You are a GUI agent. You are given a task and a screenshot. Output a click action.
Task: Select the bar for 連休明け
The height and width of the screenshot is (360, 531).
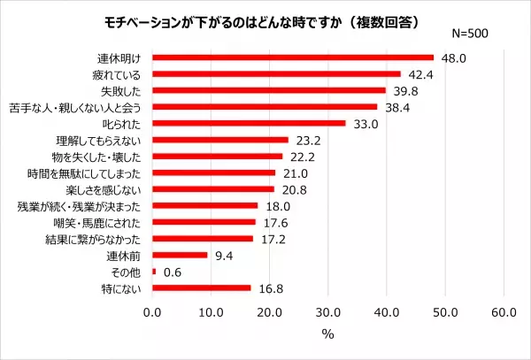click(293, 57)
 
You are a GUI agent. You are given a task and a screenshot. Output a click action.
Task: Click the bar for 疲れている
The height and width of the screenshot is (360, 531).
click(276, 74)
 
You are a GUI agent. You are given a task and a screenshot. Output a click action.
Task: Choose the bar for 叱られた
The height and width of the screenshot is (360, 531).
click(249, 124)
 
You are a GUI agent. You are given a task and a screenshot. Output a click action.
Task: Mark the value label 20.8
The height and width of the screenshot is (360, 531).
click(292, 189)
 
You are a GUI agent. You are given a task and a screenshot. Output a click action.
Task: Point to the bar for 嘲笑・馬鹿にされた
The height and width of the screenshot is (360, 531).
click(204, 222)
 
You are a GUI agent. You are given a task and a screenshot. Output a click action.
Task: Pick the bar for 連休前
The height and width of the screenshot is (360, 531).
click(180, 256)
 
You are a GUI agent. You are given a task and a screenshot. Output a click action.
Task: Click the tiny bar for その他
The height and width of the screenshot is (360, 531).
click(154, 272)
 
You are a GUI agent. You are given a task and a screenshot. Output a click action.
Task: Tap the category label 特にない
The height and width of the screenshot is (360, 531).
click(124, 288)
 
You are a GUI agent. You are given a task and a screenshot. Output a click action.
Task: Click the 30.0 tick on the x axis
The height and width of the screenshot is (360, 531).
click(328, 311)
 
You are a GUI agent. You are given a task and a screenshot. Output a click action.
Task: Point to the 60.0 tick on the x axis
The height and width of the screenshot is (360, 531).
click(504, 311)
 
